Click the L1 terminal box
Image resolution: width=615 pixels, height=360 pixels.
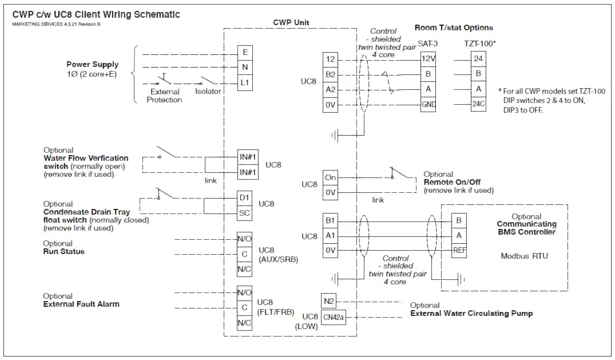245,83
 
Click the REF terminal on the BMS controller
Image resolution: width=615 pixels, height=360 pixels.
458,250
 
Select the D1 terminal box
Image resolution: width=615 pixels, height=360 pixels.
244,198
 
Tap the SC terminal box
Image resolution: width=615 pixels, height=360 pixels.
244,213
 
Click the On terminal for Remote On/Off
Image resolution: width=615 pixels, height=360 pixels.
330,177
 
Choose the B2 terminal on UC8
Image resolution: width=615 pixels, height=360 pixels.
330,74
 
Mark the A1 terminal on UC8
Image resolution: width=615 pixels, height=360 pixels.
330,235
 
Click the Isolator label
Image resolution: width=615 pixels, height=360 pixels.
208,92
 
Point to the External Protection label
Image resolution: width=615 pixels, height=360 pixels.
164,96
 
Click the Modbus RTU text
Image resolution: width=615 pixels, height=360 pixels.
524,256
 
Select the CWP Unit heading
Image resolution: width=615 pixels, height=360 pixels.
292,22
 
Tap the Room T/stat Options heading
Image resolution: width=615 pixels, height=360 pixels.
454,27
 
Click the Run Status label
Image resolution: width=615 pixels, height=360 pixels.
64,251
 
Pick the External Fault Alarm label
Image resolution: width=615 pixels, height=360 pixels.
81,304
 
